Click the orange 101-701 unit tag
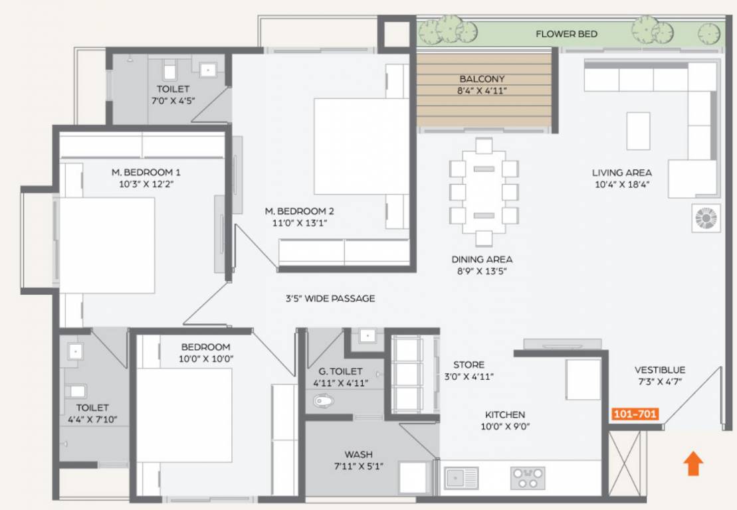(x=635, y=414)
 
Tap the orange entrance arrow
(x=693, y=464)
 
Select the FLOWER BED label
(x=566, y=34)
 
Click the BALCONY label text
(x=482, y=79)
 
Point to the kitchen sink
(x=461, y=478)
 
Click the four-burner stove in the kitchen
(x=528, y=478)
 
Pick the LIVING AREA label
(x=621, y=173)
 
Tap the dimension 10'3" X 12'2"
(x=146, y=184)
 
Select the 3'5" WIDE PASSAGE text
(x=330, y=298)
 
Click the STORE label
(x=469, y=365)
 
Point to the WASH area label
(x=359, y=454)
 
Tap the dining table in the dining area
(x=484, y=192)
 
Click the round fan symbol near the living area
(x=706, y=218)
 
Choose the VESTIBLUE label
(x=660, y=370)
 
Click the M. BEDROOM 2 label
(x=300, y=211)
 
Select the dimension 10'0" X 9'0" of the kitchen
(x=505, y=426)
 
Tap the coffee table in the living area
(x=638, y=131)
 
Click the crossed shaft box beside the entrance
(x=625, y=463)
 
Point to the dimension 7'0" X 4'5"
(x=173, y=100)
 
